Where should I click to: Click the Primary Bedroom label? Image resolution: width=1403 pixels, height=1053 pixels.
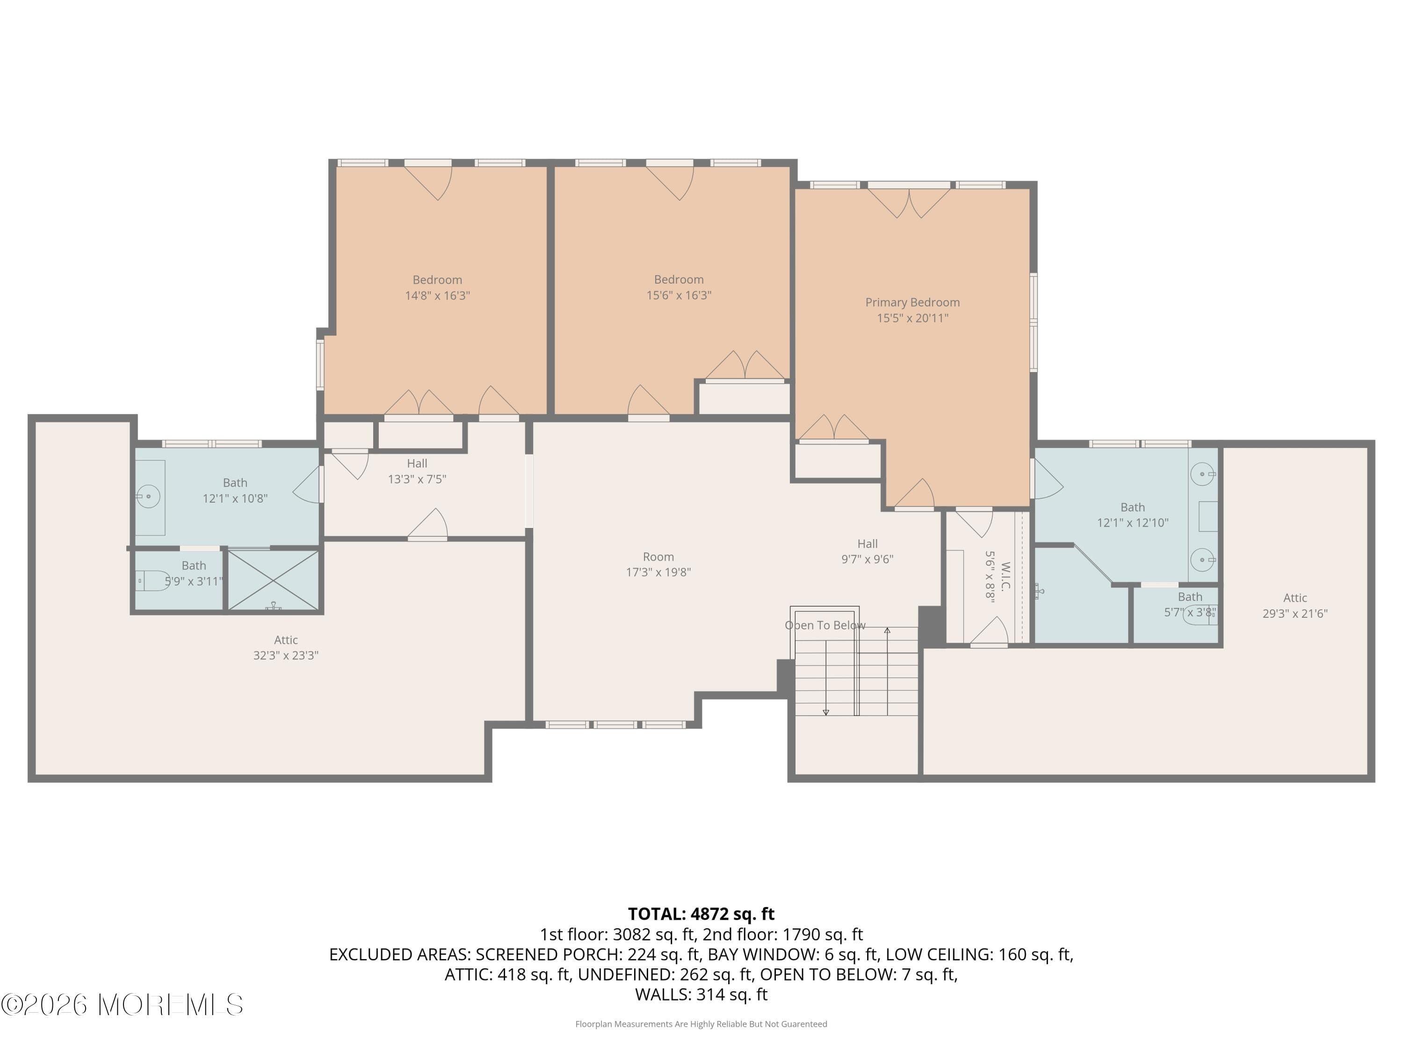click(x=912, y=303)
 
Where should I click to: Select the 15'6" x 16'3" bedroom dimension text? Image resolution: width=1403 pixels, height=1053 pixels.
click(x=679, y=296)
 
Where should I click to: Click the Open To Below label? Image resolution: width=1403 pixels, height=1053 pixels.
click(x=824, y=625)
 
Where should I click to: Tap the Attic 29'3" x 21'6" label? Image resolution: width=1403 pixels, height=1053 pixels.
click(x=1295, y=606)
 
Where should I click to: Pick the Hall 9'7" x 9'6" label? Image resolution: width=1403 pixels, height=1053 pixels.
click(x=867, y=551)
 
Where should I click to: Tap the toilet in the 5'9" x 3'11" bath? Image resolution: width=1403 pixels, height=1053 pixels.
click(x=151, y=580)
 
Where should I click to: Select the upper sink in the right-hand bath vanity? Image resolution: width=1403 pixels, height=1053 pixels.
click(x=1202, y=474)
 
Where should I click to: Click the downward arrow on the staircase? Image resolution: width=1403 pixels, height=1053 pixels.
click(x=826, y=711)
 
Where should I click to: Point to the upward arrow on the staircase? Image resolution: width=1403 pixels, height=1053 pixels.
click(x=887, y=631)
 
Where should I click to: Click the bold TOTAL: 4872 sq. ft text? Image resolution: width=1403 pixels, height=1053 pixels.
click(x=701, y=914)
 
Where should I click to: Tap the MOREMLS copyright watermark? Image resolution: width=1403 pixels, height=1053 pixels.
click(x=122, y=1005)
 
